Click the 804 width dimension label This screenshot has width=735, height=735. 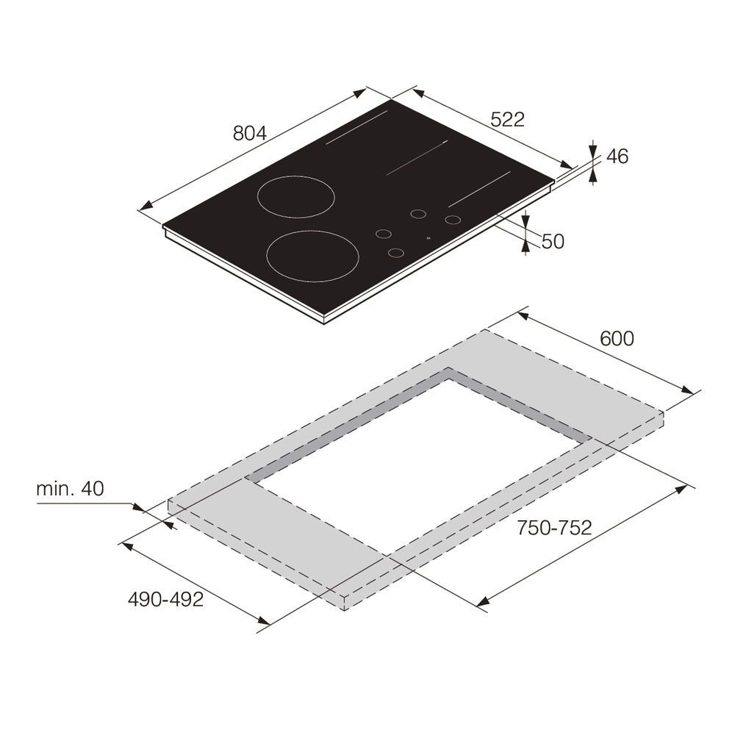click(249, 133)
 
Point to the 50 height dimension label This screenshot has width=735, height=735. click(553, 241)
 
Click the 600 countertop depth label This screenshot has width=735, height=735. click(617, 339)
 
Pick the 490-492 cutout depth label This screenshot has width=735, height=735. click(165, 599)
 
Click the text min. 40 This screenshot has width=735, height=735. click(71, 488)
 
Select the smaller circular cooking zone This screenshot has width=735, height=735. click(295, 197)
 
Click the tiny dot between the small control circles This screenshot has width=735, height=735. click(428, 238)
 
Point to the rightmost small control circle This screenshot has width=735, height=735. click(453, 219)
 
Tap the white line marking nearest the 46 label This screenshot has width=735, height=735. click(479, 190)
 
